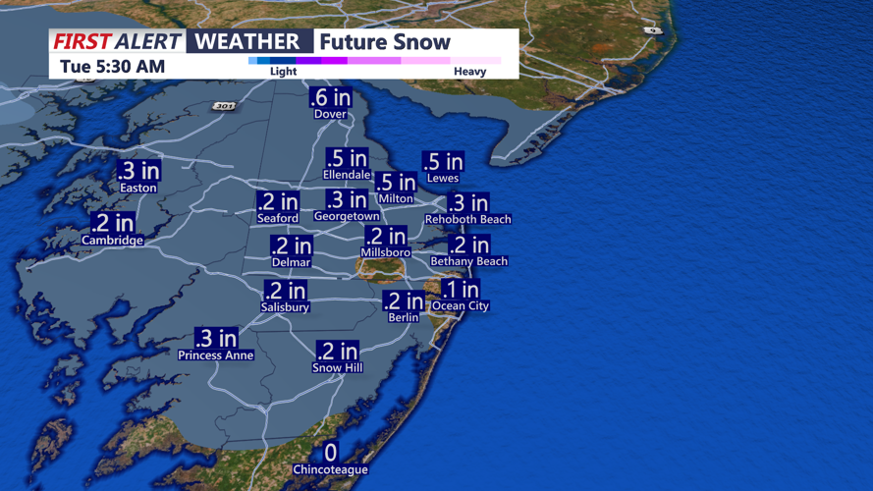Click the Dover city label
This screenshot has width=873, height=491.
[x=330, y=114]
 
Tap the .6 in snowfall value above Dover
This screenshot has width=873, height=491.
[x=330, y=97]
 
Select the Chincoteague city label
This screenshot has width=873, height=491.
[x=330, y=469]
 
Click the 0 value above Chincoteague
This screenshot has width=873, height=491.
[x=330, y=453]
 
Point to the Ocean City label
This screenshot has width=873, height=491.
[x=461, y=306]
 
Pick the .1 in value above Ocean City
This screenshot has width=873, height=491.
[x=461, y=290]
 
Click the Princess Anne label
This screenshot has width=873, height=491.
[x=216, y=355]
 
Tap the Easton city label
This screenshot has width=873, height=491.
[x=138, y=188]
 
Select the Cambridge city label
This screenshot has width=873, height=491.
[x=113, y=240]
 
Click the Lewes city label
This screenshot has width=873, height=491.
[x=443, y=179]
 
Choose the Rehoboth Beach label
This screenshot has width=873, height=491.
[x=468, y=219]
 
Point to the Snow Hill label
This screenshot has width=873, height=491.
[x=337, y=368]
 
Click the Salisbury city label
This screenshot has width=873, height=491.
[x=285, y=307]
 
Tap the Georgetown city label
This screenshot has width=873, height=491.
[x=347, y=216]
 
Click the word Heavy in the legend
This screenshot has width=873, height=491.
[x=469, y=72]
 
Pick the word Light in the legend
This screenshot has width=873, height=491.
[x=283, y=72]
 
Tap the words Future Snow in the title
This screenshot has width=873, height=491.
[x=384, y=42]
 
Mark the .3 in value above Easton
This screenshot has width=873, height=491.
[x=138, y=171]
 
